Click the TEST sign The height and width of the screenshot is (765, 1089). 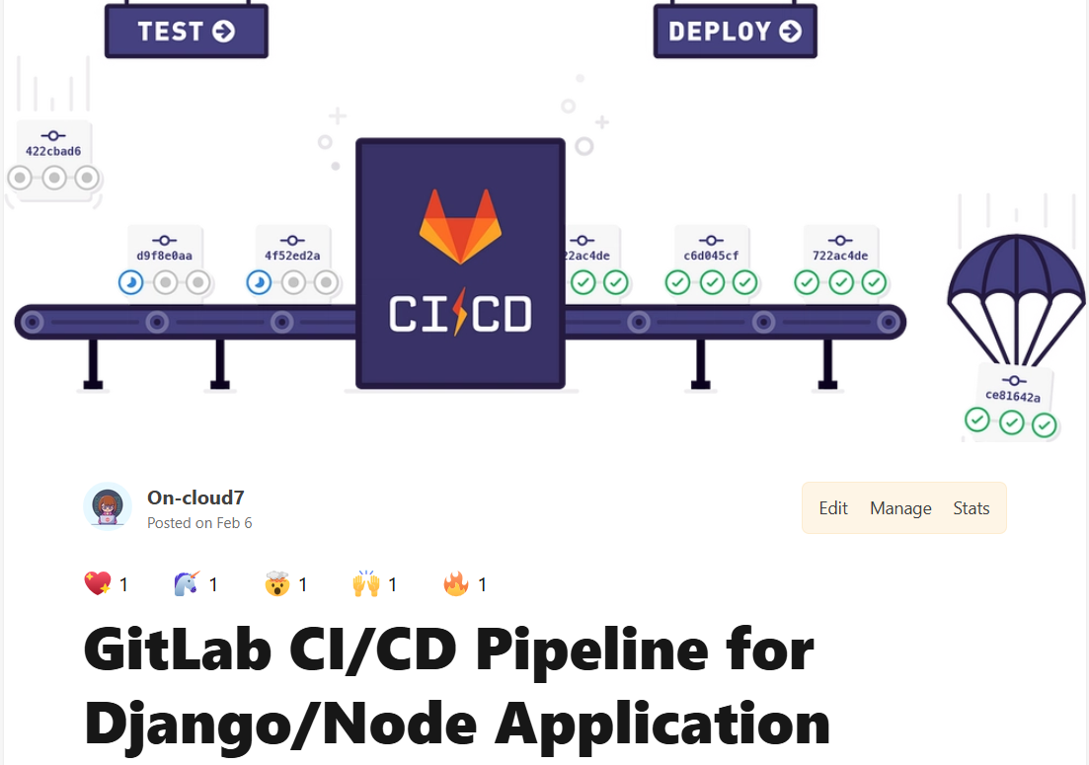[186, 31]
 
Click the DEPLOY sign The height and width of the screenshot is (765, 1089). [735, 31]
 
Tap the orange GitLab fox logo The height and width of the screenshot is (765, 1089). [460, 226]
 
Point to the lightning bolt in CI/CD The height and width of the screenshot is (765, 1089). [459, 314]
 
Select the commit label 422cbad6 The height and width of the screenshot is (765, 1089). [53, 151]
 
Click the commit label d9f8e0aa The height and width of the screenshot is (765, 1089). [165, 256]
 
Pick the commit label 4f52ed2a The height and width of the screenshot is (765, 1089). [292, 256]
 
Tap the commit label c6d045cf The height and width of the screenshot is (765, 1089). [711, 256]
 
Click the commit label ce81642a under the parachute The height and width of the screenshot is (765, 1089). [1012, 396]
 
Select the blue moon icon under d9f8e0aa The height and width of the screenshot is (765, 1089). [131, 283]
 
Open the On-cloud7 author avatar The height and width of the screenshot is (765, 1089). [108, 507]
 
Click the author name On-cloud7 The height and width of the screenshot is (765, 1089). [196, 497]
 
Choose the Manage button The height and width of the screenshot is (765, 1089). [900, 508]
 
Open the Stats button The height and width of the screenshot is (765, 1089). [971, 508]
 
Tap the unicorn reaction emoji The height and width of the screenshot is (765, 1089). [186, 584]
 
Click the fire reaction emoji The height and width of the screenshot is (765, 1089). [455, 584]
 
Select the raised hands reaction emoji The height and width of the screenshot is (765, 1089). [365, 584]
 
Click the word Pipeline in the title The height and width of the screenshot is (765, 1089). [645, 650]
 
